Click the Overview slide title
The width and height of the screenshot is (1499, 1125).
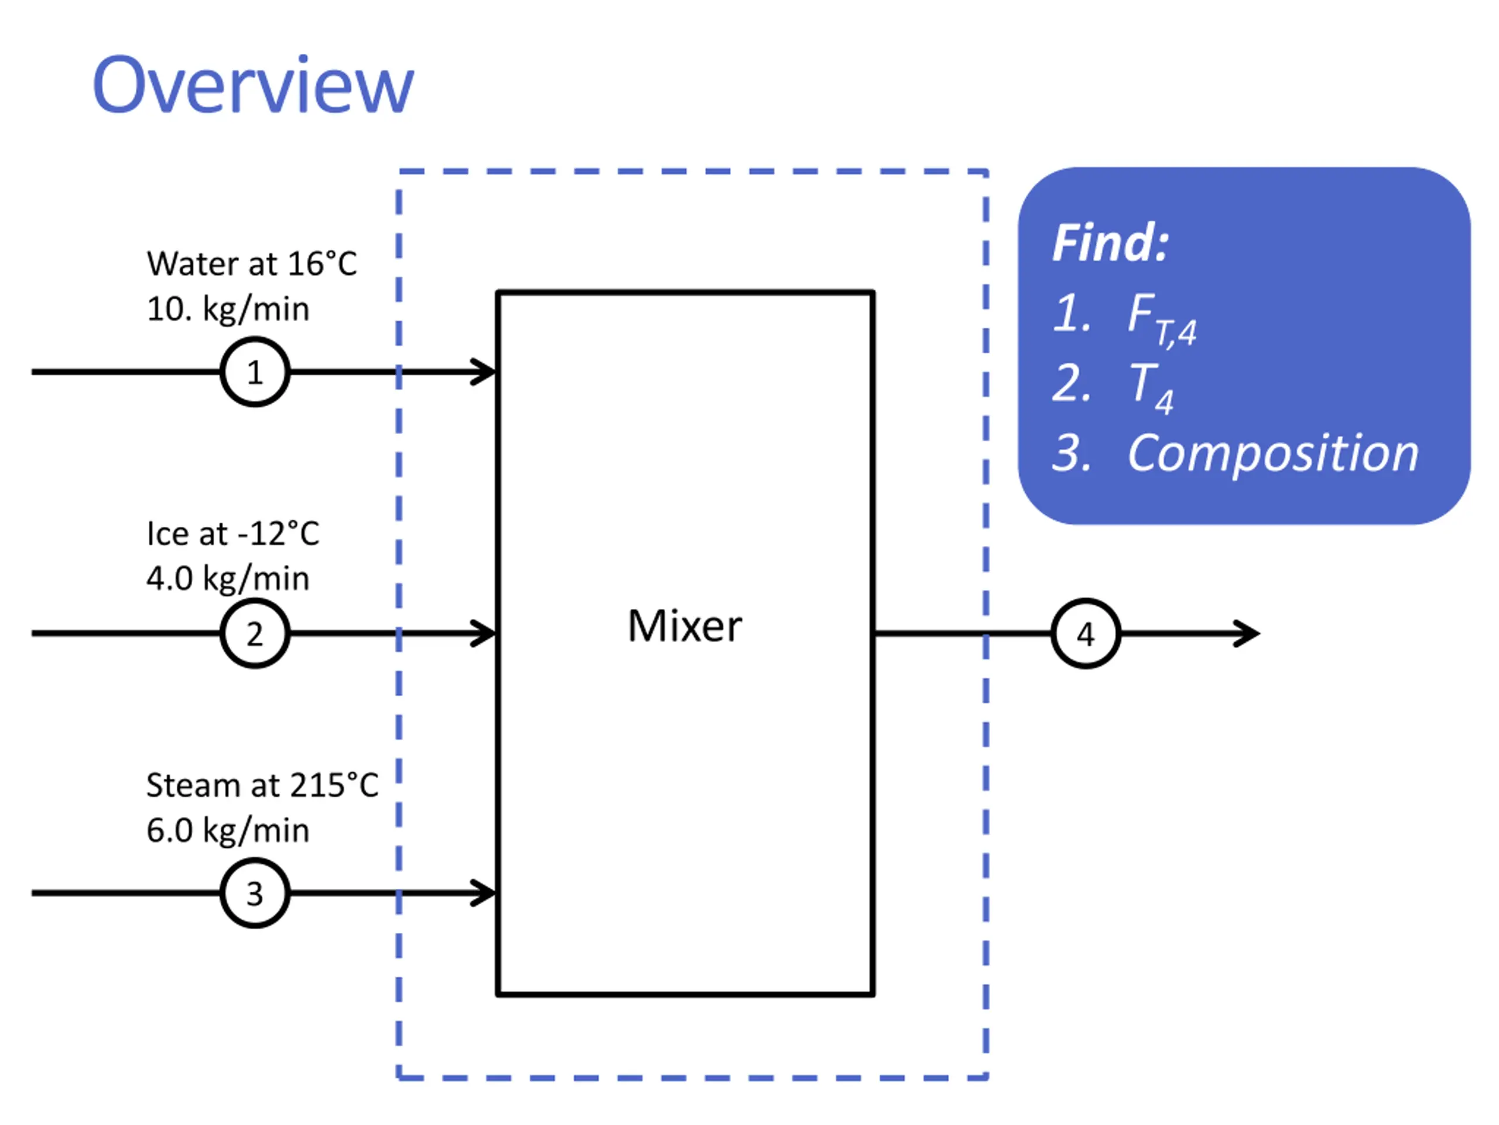tap(252, 86)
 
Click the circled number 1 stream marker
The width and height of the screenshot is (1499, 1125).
tap(255, 371)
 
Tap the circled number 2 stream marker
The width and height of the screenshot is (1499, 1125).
tap(255, 633)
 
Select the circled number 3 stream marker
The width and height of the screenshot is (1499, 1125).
tap(255, 893)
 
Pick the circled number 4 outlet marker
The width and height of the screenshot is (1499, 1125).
tap(1086, 633)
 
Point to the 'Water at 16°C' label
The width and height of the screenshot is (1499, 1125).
tap(251, 264)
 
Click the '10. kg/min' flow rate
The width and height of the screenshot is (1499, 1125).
tap(228, 309)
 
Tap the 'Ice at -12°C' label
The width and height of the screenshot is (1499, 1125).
tap(232, 534)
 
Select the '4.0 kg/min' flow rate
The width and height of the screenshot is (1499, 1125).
tap(228, 578)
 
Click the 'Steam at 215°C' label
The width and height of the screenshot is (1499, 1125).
tap(262, 785)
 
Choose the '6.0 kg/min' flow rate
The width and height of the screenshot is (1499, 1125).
tap(228, 831)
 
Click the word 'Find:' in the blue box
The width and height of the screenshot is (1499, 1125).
tap(1110, 243)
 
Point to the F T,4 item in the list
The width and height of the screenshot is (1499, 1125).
tap(1161, 318)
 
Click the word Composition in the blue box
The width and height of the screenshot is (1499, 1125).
tap(1272, 453)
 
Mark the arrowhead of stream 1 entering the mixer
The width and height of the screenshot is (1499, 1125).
tap(484, 371)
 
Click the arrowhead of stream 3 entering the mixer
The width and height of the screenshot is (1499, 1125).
tap(484, 893)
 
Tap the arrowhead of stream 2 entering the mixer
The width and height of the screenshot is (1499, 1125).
tap(484, 633)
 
